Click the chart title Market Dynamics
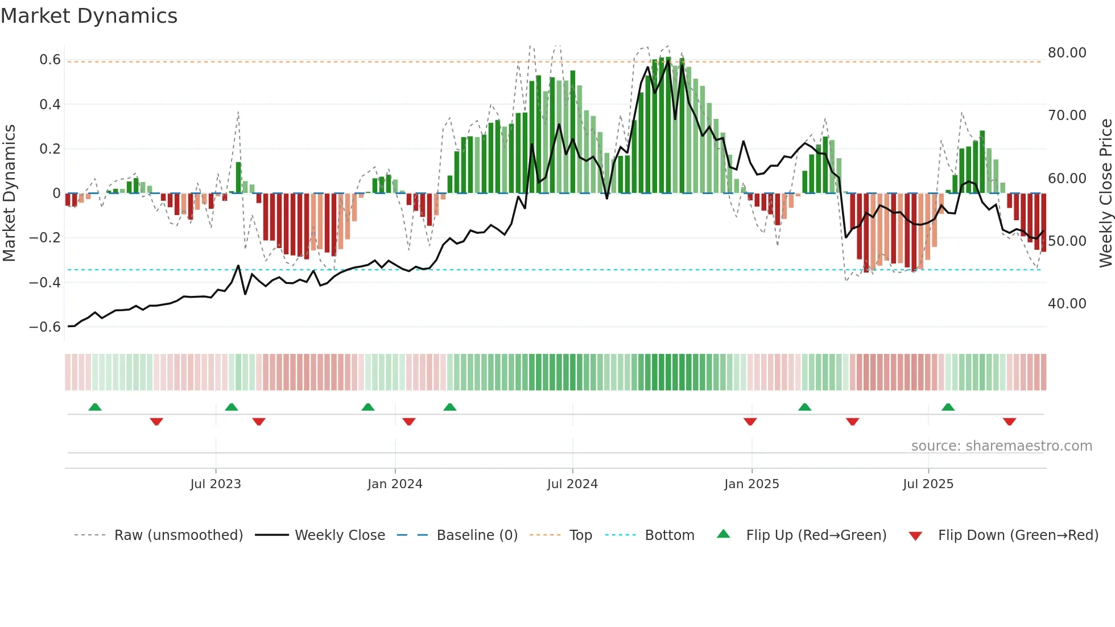(x=89, y=16)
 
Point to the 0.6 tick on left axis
(x=50, y=60)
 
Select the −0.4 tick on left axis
(x=45, y=282)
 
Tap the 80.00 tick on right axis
(x=1067, y=53)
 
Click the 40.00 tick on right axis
(x=1067, y=304)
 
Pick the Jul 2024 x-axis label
(x=572, y=484)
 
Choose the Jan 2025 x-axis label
(x=751, y=484)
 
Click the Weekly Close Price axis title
(x=1105, y=193)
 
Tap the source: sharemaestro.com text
(x=1001, y=446)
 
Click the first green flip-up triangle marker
(x=95, y=407)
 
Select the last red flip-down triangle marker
(x=1009, y=422)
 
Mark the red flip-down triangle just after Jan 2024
(x=408, y=422)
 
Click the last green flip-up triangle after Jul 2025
(x=948, y=407)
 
